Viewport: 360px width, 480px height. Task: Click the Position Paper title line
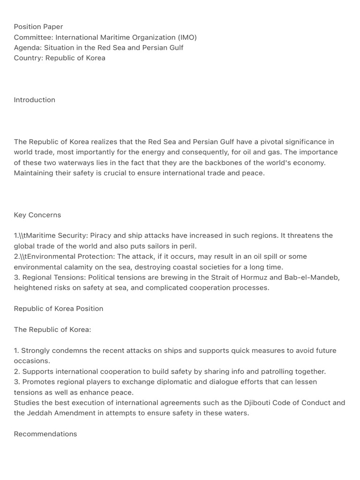tap(38, 27)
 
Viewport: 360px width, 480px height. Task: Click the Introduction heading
tap(35, 100)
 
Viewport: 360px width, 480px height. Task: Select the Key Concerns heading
tap(37, 215)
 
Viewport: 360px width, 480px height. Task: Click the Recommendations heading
tap(45, 434)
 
